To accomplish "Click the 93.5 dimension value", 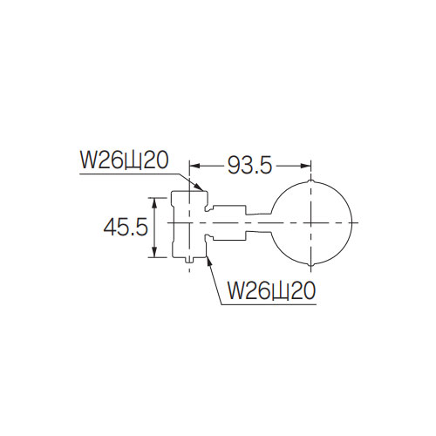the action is tap(249, 166).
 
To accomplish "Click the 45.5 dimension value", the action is tap(126, 227).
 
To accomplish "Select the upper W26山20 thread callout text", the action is tap(124, 160).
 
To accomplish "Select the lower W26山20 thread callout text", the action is tap(271, 291).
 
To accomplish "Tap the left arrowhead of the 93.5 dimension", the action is tap(194, 166).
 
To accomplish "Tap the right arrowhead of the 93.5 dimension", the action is tap(306, 166).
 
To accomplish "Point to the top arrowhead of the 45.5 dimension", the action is tap(154, 203).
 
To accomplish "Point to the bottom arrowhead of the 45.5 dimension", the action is tap(154, 252).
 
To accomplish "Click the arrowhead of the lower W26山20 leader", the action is tap(209, 262).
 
